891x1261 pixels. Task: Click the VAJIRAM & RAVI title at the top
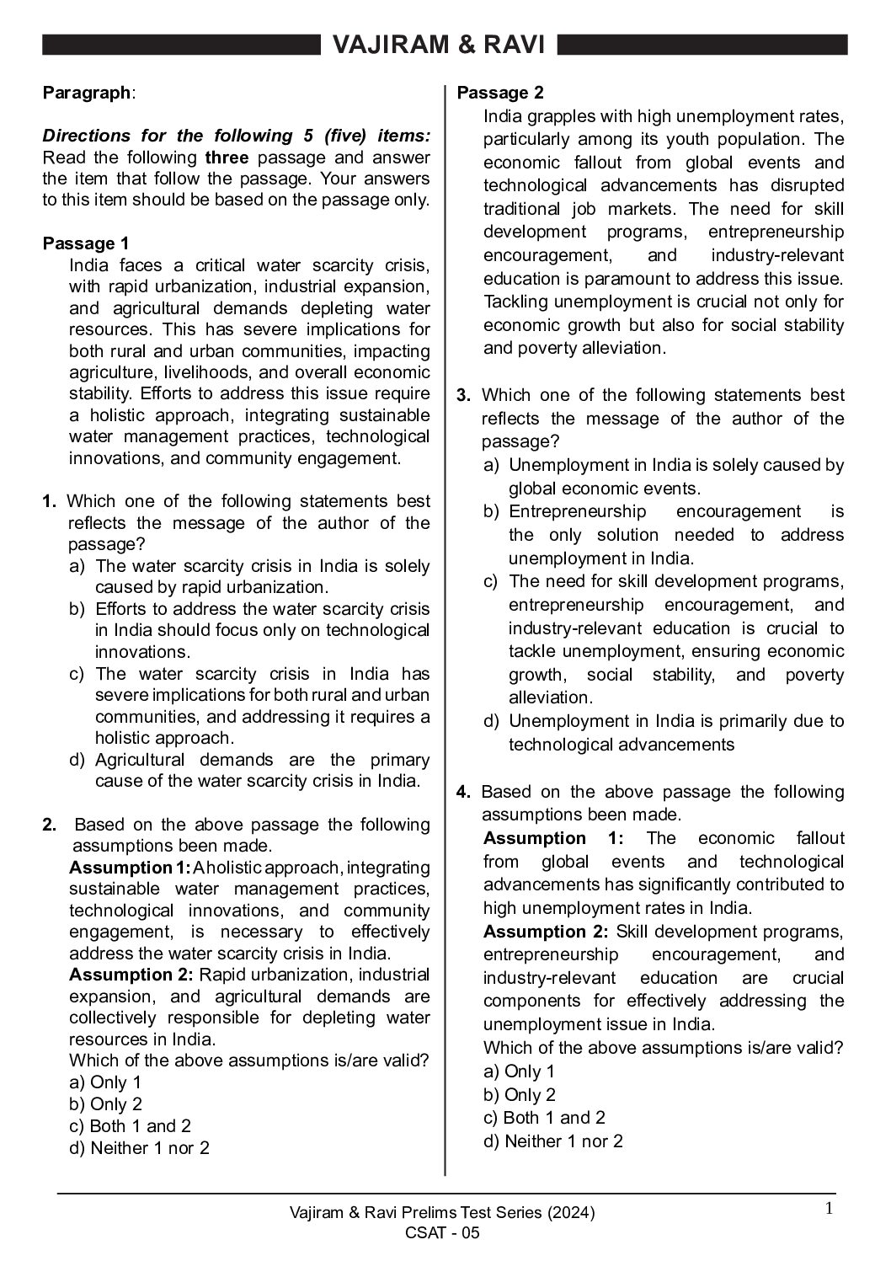point(439,45)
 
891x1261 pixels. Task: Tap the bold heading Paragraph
point(87,93)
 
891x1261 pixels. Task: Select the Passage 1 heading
point(86,244)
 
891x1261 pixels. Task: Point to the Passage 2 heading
point(500,93)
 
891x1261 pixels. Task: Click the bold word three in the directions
point(227,158)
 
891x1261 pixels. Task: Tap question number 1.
point(49,501)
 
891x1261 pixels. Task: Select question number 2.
point(49,825)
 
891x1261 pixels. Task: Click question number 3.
point(463,395)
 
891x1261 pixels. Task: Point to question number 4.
point(463,792)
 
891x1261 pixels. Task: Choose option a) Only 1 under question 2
point(105,1082)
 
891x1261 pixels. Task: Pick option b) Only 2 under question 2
point(105,1104)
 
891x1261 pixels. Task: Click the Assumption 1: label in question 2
point(130,868)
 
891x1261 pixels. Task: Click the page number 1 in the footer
point(829,1210)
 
